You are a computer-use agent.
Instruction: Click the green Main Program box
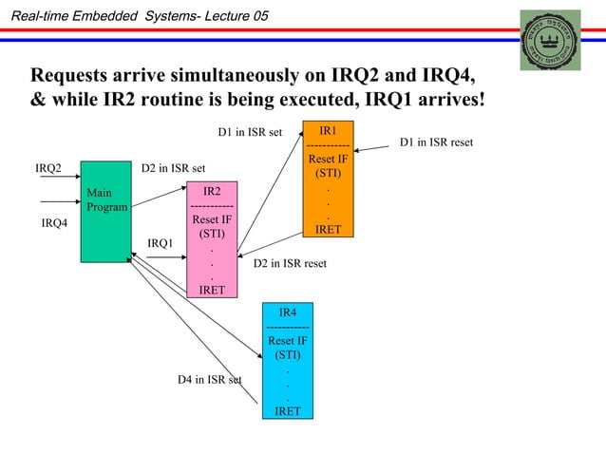click(x=104, y=211)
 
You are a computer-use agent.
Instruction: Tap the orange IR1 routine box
click(x=328, y=180)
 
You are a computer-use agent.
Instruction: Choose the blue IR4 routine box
click(x=287, y=362)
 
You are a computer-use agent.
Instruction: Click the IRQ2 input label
click(x=48, y=169)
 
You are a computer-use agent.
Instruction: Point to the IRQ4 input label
click(x=54, y=224)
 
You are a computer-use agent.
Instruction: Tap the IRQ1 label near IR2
click(x=161, y=244)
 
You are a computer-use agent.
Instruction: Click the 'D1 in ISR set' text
click(x=250, y=132)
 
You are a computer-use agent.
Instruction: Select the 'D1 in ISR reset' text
click(x=436, y=143)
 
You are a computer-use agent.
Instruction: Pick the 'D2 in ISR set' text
click(x=173, y=169)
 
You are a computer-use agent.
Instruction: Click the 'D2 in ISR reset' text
click(x=290, y=263)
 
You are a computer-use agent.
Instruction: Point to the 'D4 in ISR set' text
click(x=210, y=380)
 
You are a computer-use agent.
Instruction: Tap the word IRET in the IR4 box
click(x=287, y=411)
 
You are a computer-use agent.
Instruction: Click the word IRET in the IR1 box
click(x=328, y=229)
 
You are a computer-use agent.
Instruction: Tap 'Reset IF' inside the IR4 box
click(x=287, y=340)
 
